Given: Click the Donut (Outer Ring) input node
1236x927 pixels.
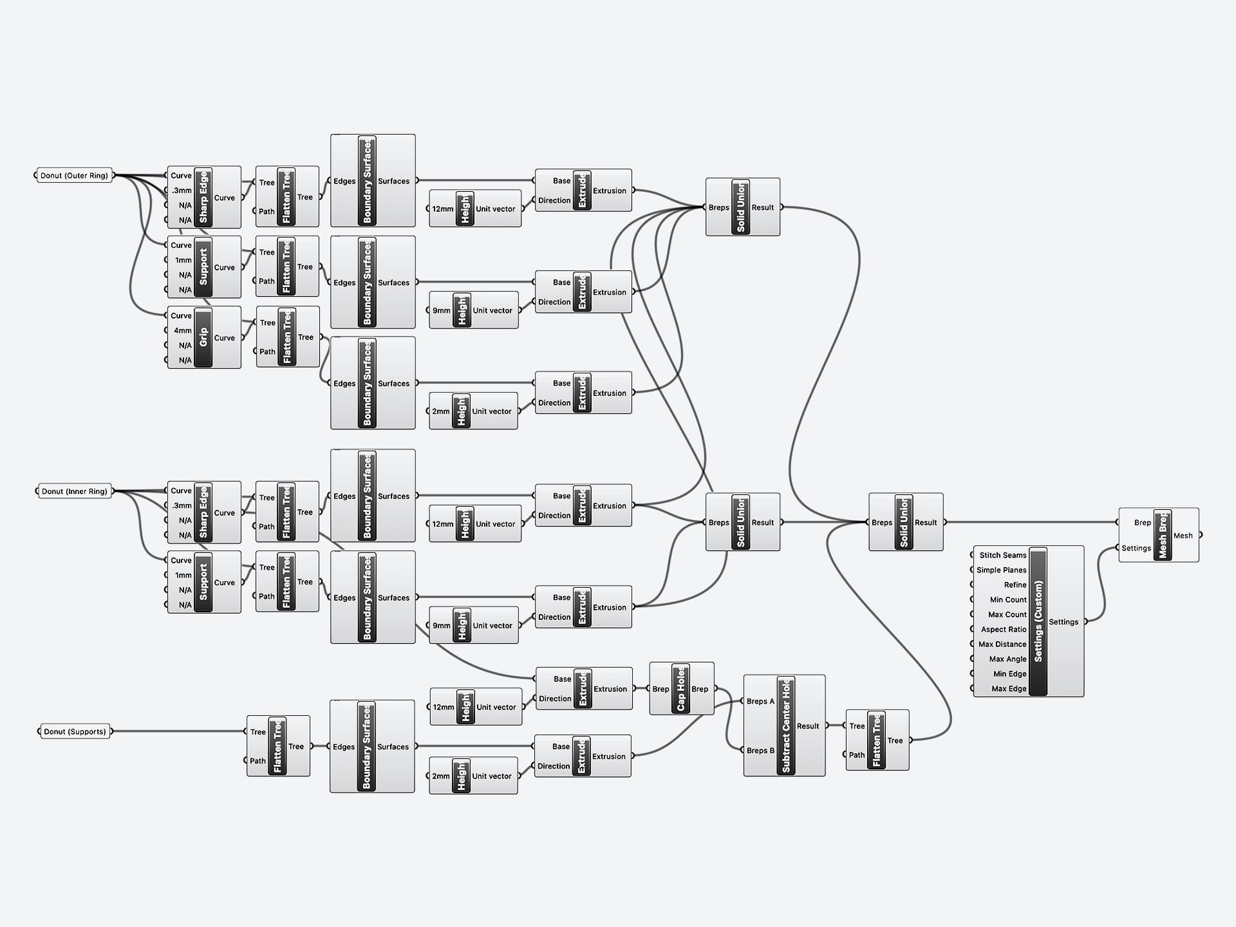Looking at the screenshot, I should (74, 176).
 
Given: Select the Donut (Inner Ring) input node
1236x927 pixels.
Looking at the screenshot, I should (74, 491).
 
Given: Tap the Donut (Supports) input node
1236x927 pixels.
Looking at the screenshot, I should (75, 731).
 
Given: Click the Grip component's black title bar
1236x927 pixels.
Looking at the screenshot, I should (203, 337).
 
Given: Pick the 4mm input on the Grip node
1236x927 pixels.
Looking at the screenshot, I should (182, 330).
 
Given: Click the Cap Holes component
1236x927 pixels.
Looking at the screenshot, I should (680, 689).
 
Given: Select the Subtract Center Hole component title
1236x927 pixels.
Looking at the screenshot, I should (785, 726).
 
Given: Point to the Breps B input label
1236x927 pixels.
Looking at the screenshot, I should (760, 751).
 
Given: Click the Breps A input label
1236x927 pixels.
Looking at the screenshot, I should (760, 701).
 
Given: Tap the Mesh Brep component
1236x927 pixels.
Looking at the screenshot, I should (1162, 535).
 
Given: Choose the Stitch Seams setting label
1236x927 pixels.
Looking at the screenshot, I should (1002, 555).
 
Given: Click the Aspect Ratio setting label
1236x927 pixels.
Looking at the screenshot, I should (1003, 630).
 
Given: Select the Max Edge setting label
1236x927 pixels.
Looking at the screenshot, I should (1008, 689).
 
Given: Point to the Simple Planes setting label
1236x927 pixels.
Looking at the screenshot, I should (1001, 570).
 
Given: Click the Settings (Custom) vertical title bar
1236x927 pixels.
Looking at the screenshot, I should (1038, 622).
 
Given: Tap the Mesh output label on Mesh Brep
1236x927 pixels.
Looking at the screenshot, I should (1183, 536).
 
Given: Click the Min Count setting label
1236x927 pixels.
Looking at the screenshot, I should (1007, 599).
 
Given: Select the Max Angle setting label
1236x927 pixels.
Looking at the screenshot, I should (1007, 659).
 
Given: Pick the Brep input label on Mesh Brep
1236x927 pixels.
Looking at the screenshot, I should (1142, 523).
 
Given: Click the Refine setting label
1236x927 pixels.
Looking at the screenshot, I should (1015, 585).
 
